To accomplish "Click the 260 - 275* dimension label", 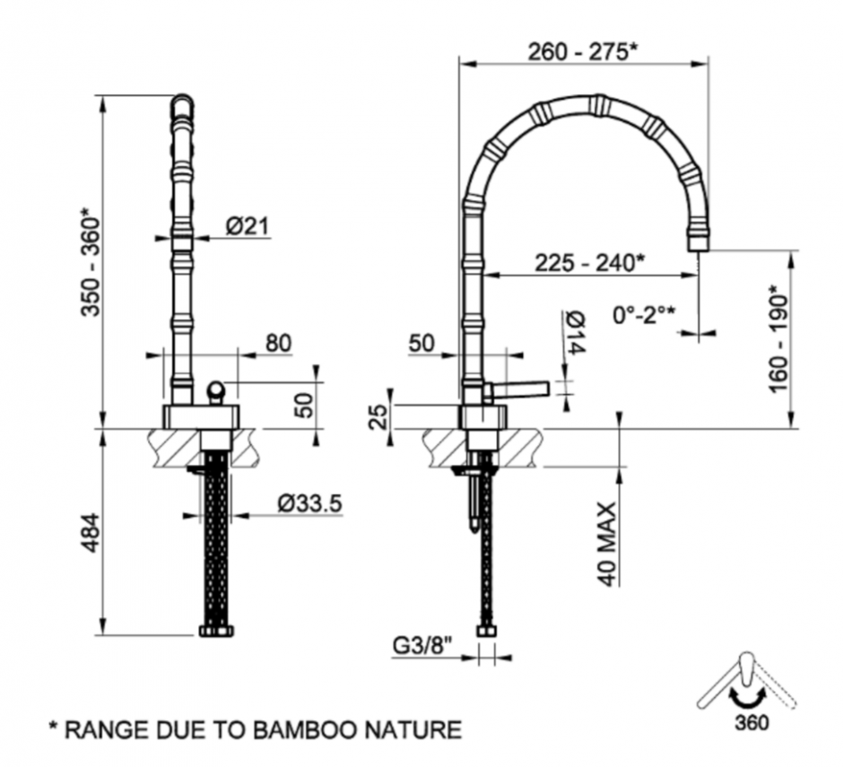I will tap(583, 51).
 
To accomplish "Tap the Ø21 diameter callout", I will tap(248, 227).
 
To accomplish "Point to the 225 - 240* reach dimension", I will tap(589, 263).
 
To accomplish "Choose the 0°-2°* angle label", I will tap(644, 315).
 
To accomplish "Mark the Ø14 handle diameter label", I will tap(575, 333).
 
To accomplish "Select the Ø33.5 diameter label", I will tap(309, 505).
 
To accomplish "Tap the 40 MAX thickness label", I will tap(607, 544).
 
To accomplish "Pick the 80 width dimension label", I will tap(278, 343).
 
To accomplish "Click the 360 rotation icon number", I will tap(751, 722).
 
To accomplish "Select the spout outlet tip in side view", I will tap(699, 242).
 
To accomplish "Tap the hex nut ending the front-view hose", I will tap(215, 630).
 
